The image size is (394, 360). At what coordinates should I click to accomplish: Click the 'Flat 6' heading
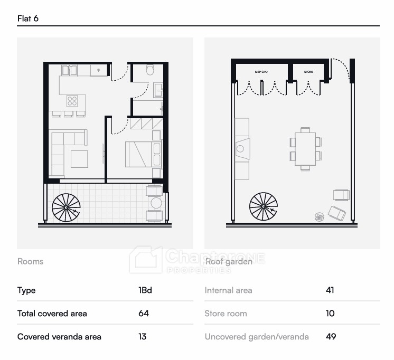point(27,18)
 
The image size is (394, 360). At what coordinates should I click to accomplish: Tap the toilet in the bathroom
point(150,69)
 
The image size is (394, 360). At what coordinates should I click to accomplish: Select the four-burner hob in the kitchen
point(72,101)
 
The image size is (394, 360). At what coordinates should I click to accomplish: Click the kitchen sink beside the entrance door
point(98,70)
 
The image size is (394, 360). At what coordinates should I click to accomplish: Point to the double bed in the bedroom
point(144,154)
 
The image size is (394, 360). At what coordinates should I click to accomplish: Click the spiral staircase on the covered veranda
point(66,207)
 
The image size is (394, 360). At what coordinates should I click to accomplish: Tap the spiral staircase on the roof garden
point(264,206)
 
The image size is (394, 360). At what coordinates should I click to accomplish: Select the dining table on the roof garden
point(305,149)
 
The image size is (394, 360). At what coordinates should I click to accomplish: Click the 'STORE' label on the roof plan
point(308,72)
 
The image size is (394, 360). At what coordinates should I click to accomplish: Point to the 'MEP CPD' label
point(261,72)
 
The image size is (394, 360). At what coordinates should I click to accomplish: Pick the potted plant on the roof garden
point(320,217)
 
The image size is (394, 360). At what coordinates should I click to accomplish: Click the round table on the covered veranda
point(156,203)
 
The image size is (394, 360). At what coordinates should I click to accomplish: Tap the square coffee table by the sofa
point(79,159)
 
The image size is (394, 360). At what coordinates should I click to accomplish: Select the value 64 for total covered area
point(144,313)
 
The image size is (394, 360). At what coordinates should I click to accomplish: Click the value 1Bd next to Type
point(145,290)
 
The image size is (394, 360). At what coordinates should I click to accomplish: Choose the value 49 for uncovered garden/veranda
point(331,336)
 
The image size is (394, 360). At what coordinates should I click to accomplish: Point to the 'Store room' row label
point(226,313)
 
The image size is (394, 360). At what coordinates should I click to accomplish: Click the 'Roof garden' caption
point(229,261)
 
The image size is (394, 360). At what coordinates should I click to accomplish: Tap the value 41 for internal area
point(330,290)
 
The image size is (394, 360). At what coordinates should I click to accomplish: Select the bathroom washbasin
point(158,90)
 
